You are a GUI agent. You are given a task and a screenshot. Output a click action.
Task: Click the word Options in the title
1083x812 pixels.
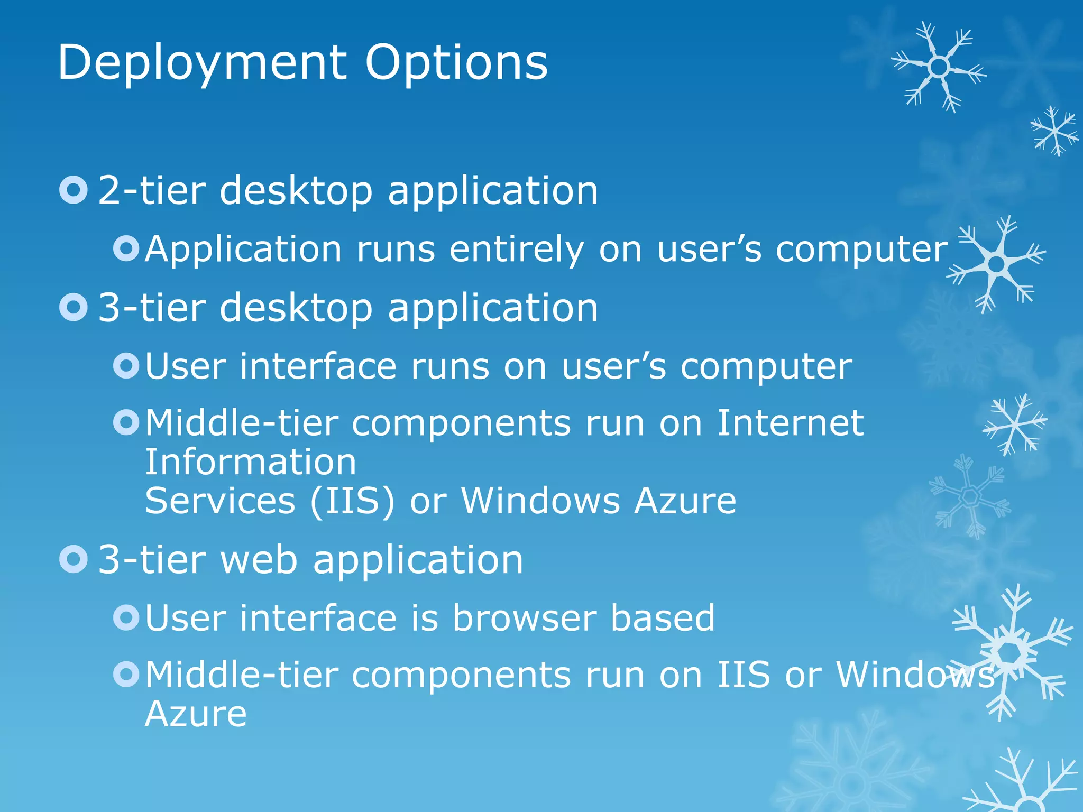tap(456, 63)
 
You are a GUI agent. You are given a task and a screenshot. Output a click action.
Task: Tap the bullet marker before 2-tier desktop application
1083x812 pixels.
tap(74, 190)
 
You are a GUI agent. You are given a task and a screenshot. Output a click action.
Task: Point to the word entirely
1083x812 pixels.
tap(517, 250)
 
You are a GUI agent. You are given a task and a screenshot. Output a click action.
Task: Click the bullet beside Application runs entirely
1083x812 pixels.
tap(126, 248)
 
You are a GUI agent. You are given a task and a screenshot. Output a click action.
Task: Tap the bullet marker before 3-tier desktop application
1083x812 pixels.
tap(74, 308)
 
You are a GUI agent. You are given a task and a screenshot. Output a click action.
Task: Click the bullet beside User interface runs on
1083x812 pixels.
tap(126, 365)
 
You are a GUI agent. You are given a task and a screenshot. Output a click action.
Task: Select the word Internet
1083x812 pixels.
tap(790, 423)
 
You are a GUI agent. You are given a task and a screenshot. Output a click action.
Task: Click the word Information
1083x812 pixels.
tap(251, 462)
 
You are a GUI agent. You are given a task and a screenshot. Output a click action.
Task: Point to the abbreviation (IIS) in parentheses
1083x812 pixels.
tap(352, 501)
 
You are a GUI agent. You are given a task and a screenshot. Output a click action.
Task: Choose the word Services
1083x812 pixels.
tap(220, 501)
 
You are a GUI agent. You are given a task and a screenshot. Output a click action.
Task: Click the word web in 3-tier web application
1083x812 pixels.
tap(259, 560)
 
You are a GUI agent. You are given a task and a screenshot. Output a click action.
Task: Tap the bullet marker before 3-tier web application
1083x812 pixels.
tap(74, 559)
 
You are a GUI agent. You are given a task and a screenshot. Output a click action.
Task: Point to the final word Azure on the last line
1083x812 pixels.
tap(196, 714)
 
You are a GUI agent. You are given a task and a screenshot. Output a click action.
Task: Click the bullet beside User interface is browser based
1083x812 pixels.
tap(126, 617)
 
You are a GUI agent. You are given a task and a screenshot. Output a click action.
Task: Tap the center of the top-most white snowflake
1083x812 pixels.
tap(939, 67)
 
